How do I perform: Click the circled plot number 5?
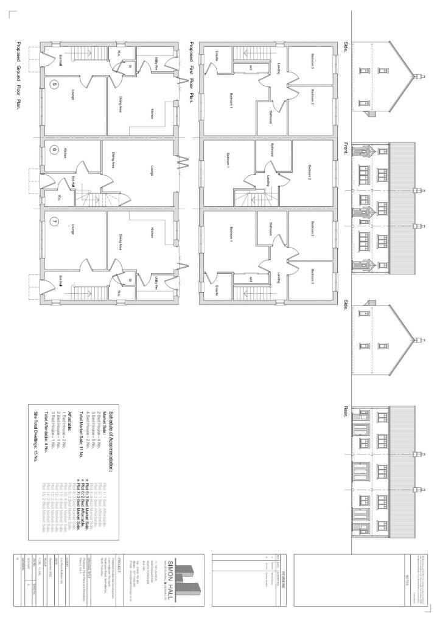(x=54, y=85)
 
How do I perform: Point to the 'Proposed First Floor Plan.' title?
(x=191, y=73)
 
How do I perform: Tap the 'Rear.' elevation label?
(x=346, y=413)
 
